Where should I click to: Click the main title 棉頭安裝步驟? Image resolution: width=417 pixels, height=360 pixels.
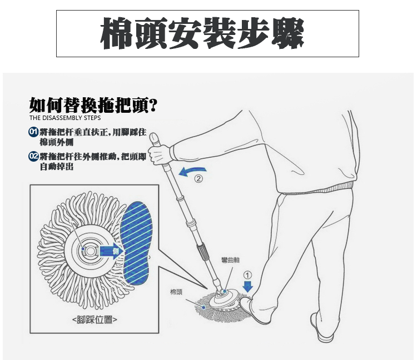click(202, 33)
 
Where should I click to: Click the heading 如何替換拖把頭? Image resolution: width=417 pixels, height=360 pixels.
click(93, 105)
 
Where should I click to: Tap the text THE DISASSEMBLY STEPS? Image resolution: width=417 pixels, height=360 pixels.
click(65, 118)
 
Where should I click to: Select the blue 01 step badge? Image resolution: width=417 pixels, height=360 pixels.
click(33, 132)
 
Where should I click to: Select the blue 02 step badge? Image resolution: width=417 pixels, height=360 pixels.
click(33, 156)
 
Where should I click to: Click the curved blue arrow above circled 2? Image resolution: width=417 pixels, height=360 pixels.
click(192, 171)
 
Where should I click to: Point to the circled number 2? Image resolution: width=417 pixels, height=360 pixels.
click(198, 178)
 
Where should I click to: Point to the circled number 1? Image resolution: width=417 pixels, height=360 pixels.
click(247, 275)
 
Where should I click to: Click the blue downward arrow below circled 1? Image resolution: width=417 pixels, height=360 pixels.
click(247, 287)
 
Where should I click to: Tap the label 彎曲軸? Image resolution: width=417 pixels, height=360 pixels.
click(230, 260)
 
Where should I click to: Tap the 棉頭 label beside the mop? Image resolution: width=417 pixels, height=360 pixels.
click(176, 292)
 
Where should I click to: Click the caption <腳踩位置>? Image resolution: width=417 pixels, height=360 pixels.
click(95, 319)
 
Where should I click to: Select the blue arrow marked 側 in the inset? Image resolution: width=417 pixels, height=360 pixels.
click(111, 251)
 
